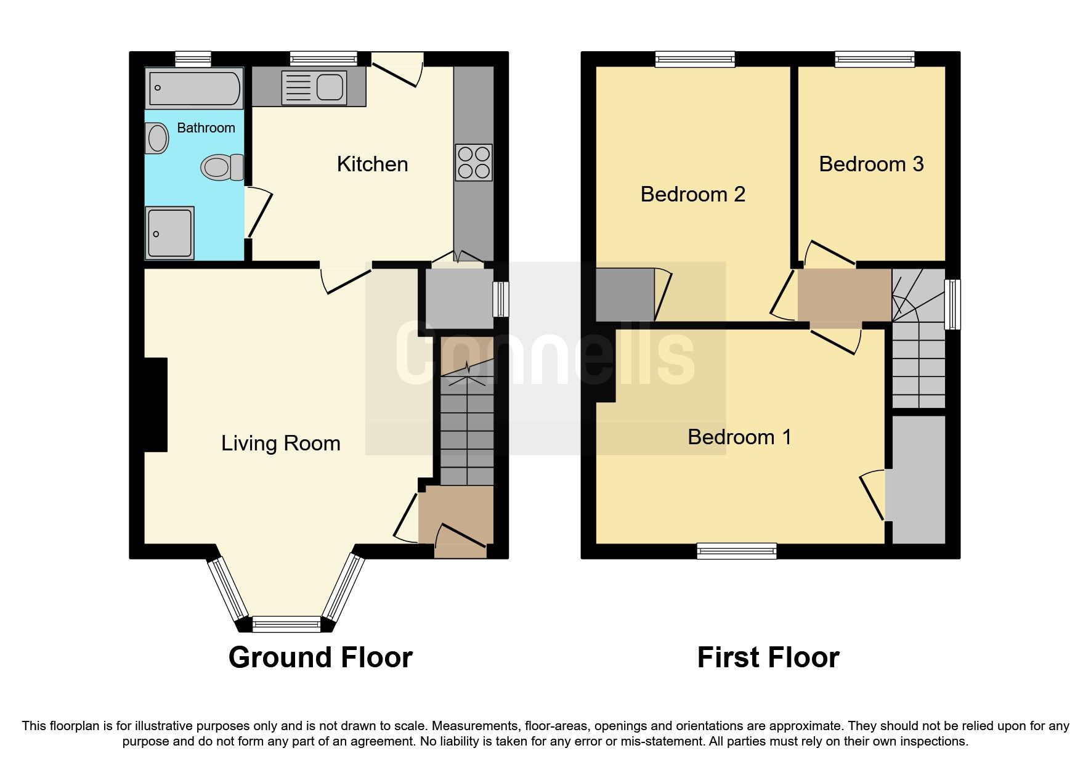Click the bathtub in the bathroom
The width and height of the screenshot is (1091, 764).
pos(194,88)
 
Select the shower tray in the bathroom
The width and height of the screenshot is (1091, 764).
pos(170,233)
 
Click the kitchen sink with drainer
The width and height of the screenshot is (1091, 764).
pos(314,87)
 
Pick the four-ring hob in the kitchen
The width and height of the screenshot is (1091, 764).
pos(474,162)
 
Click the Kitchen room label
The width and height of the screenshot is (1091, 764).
pos(372,165)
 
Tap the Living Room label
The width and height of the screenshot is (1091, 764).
pos(280,444)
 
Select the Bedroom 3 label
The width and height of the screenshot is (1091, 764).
pos(870,165)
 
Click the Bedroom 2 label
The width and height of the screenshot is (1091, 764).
pos(692,195)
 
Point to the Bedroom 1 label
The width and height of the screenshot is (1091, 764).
pos(739,437)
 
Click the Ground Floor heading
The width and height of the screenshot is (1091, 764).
pos(320,657)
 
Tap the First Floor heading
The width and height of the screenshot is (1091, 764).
pos(768,657)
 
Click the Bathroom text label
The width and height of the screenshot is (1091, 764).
pos(206,128)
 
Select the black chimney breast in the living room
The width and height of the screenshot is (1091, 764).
pos(156,405)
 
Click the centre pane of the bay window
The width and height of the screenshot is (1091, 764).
pos(286,624)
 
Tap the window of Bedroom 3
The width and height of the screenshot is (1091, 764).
pos(874,59)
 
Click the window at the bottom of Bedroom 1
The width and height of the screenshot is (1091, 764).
pos(736,550)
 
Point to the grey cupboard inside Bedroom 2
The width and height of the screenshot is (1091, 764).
pos(624,295)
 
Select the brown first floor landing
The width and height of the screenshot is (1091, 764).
pos(844,295)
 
